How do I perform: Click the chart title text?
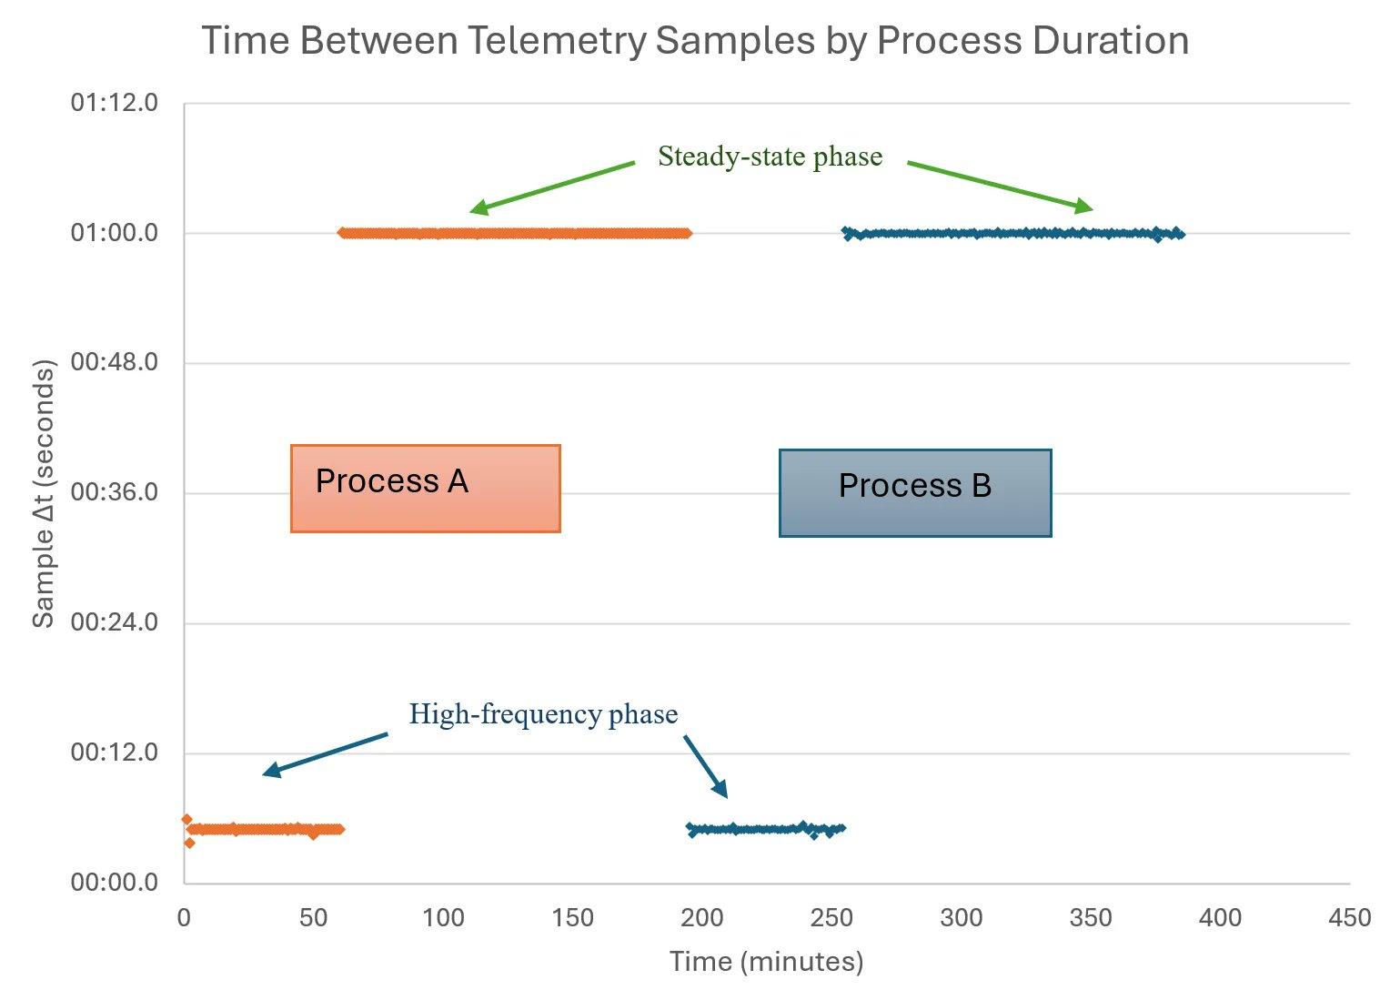[x=695, y=41]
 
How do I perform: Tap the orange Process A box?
[x=425, y=488]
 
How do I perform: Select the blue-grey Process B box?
[x=915, y=492]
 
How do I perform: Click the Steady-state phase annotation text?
[x=770, y=157]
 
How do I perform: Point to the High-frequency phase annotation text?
[x=543, y=714]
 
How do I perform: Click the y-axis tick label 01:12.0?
[x=115, y=103]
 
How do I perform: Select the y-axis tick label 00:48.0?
[x=115, y=363]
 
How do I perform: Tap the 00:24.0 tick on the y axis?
[x=115, y=623]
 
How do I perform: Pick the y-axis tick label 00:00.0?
[x=115, y=883]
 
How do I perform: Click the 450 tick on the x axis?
[x=1349, y=918]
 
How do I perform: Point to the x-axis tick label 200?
[x=702, y=918]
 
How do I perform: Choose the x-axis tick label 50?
[x=314, y=918]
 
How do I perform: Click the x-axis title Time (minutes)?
[x=766, y=962]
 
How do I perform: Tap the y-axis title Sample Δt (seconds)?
[x=44, y=493]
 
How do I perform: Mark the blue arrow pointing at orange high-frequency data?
[x=325, y=754]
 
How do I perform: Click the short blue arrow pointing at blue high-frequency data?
[x=706, y=766]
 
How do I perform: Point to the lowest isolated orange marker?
[x=189, y=843]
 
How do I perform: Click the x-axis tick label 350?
[x=1091, y=918]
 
